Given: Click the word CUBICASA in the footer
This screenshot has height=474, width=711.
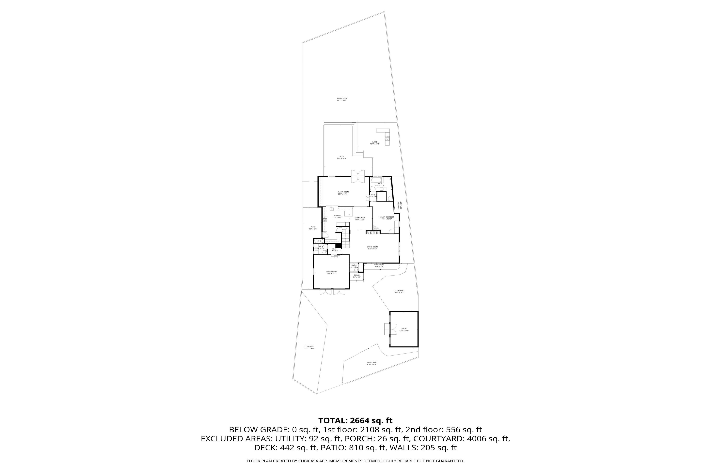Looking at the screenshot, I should (305, 461).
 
